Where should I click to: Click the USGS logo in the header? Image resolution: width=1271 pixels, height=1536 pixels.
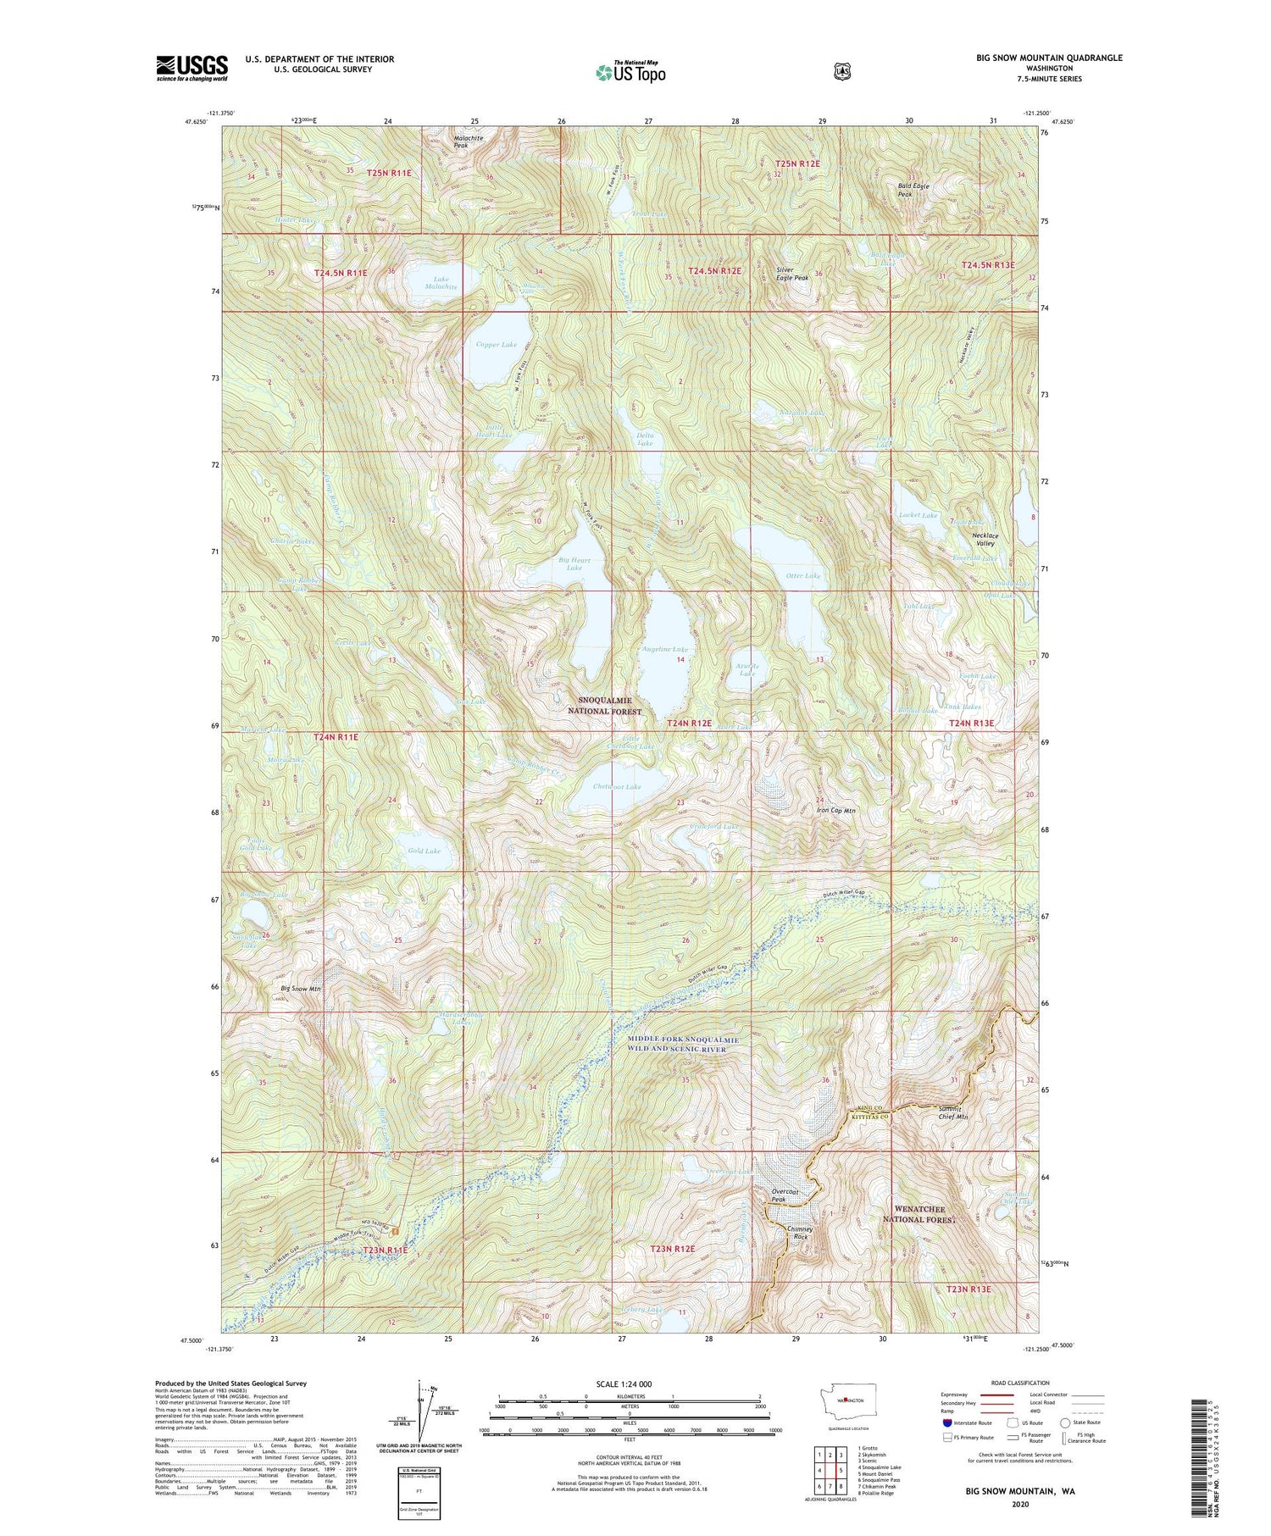(x=191, y=67)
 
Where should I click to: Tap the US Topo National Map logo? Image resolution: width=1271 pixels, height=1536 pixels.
(x=630, y=71)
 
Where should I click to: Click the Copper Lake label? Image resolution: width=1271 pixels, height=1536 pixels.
(x=496, y=345)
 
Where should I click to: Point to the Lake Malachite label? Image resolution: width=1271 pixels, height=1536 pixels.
(x=441, y=283)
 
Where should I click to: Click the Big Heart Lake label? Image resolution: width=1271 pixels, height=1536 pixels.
(x=574, y=563)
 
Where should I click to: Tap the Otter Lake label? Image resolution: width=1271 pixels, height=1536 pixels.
(x=802, y=576)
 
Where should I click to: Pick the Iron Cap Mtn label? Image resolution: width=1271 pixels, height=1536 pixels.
(x=835, y=811)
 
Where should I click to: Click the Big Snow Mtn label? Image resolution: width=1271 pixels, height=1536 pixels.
(x=301, y=989)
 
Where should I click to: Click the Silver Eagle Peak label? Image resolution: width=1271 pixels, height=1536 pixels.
(x=792, y=274)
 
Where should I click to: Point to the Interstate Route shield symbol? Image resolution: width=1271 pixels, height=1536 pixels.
(x=947, y=1423)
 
